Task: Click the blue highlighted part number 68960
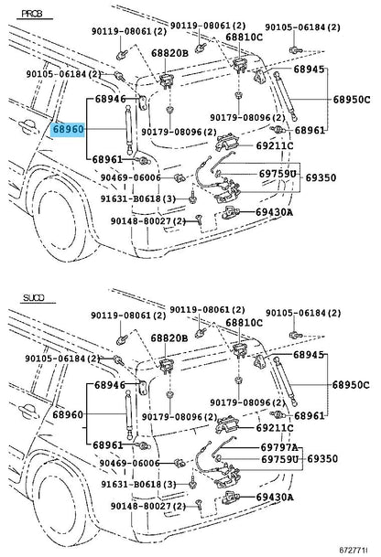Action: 69,131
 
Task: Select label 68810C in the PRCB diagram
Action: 245,37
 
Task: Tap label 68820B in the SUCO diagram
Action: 169,337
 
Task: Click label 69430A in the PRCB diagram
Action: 275,212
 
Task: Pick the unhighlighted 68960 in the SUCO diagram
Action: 69,414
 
